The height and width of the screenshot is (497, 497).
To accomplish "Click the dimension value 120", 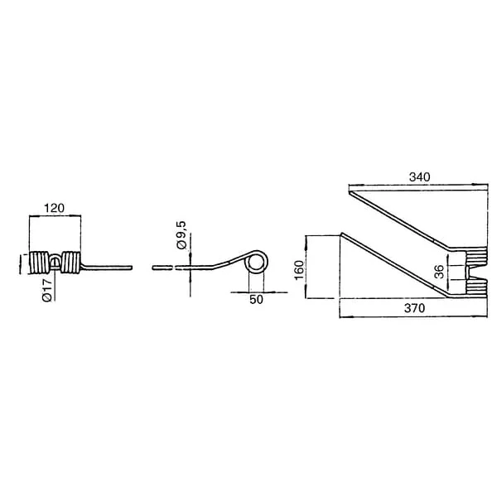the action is click(54, 208).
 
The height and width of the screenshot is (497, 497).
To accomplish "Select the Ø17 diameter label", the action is click(47, 291).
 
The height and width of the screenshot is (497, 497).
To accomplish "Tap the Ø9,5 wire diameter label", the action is click(181, 235).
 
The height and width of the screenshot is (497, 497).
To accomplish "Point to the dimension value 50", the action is click(256, 300).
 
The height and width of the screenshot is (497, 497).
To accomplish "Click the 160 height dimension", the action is click(299, 270).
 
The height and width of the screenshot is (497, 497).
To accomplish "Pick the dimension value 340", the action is click(420, 177).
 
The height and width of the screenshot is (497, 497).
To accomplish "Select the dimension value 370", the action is click(415, 308).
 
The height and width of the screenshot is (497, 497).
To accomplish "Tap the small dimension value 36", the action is click(439, 272).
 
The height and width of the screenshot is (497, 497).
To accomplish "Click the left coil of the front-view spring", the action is click(39, 263).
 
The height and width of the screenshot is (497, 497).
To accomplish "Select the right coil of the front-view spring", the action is click(71, 263).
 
